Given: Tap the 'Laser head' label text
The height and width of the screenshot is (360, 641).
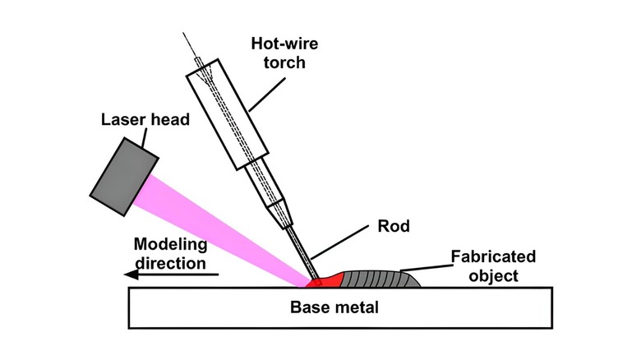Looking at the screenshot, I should [145, 120].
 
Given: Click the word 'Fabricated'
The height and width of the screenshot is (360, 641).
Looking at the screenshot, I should [493, 257].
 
